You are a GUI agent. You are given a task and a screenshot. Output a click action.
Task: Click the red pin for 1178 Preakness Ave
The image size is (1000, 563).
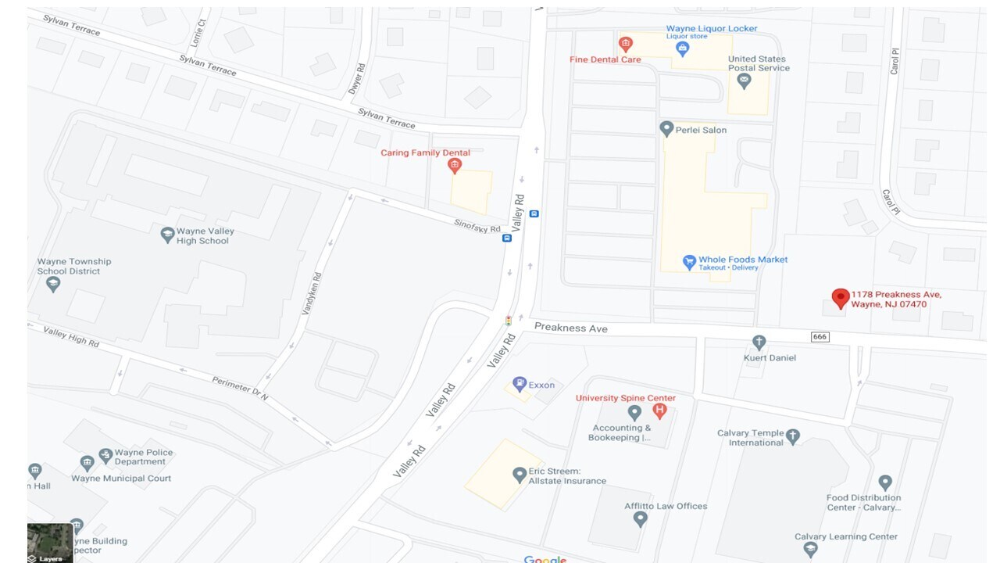[841, 298]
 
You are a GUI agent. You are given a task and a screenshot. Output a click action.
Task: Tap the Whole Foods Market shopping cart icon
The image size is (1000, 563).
[689, 262]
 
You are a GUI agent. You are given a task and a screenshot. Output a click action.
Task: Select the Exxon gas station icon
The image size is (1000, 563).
[519, 384]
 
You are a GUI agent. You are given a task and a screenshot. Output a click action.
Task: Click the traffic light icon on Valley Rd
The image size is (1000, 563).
[509, 320]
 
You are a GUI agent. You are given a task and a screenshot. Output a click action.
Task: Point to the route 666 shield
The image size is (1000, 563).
[820, 337]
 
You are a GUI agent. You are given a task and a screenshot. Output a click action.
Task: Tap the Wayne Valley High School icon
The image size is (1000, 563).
[167, 235]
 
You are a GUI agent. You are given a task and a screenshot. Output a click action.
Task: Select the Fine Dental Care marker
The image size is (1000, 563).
[625, 45]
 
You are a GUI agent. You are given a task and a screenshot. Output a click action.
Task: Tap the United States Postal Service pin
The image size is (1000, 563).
[744, 81]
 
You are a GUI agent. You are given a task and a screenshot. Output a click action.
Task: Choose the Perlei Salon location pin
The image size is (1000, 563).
[666, 129]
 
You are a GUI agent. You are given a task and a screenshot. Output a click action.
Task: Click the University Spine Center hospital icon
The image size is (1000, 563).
[659, 411]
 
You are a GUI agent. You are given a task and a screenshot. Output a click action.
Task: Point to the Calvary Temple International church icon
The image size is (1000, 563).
[793, 436]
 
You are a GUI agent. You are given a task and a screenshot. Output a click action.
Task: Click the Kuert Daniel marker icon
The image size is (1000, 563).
[758, 342]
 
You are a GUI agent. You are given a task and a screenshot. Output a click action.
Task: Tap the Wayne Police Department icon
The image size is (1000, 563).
[105, 456]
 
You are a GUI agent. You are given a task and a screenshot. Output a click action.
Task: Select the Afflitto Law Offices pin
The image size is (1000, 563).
[641, 518]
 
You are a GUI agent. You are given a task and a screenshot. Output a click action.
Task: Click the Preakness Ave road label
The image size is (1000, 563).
[570, 328]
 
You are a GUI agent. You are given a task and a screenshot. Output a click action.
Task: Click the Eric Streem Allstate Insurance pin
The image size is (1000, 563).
[519, 475]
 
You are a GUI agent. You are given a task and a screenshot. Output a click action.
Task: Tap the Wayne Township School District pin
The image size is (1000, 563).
[53, 285]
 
